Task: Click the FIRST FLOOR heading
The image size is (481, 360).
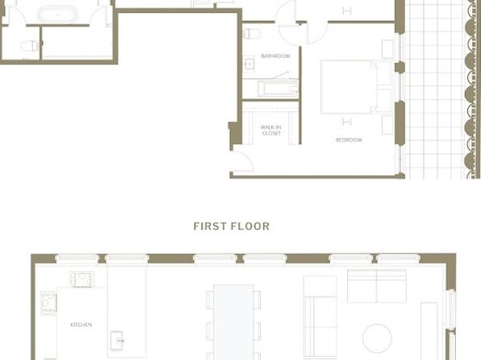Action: tap(232, 226)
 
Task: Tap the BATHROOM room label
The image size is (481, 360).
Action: tap(275, 56)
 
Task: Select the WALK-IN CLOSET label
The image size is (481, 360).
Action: tap(271, 130)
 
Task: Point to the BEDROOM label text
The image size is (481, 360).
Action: tap(349, 140)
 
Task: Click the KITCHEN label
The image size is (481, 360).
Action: tap(81, 324)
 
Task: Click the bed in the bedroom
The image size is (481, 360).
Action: tap(356, 87)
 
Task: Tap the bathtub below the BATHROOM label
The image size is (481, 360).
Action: tap(278, 89)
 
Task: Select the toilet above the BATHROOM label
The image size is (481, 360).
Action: tap(252, 33)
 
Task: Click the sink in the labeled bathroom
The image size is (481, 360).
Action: tap(249, 64)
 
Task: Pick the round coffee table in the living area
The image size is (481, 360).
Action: tap(377, 338)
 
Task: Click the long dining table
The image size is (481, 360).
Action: tap(233, 322)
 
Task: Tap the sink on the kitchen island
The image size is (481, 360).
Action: tap(117, 341)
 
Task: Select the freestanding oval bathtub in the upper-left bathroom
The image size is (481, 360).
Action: tap(57, 14)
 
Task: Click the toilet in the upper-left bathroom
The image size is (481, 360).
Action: tap(30, 46)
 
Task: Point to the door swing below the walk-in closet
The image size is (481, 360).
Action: tap(243, 161)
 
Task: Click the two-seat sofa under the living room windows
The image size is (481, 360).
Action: tap(377, 286)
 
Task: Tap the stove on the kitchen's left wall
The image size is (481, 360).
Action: tap(48, 303)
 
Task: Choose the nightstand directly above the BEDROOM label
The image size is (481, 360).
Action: tap(387, 125)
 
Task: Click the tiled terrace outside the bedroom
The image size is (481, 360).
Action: tap(435, 89)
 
